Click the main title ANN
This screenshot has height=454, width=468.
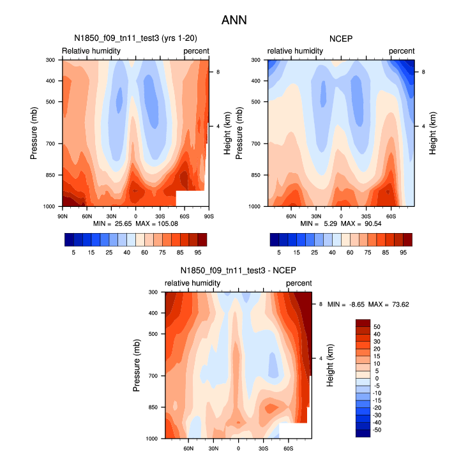pyautogui.click(x=234, y=20)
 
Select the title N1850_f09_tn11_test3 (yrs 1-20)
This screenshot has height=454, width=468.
pyautogui.click(x=135, y=38)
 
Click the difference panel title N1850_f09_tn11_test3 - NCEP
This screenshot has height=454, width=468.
pyautogui.click(x=238, y=271)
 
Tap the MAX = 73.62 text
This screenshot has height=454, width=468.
pyautogui.click(x=388, y=305)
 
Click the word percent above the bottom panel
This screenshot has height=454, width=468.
pyautogui.click(x=299, y=283)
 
